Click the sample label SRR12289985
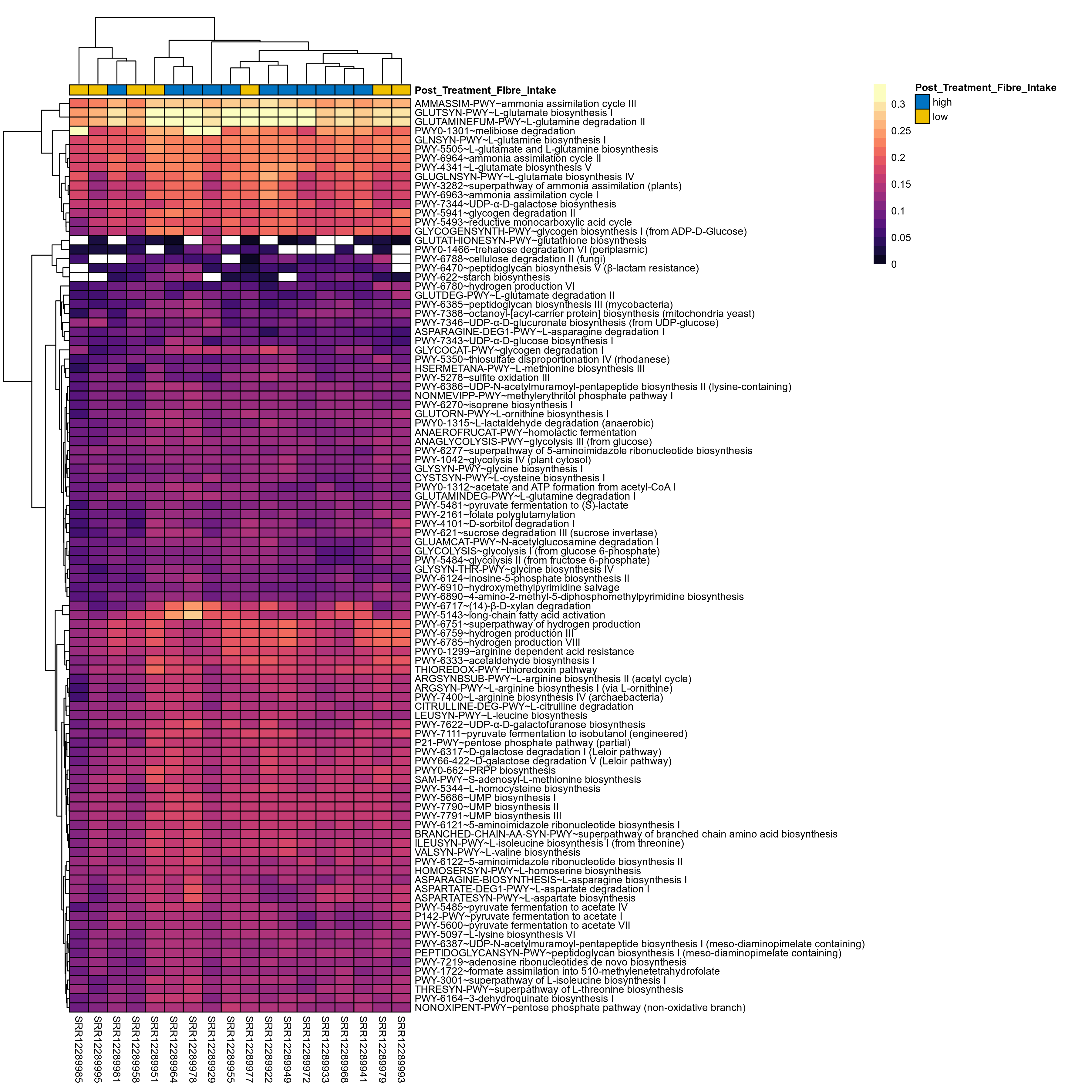coord(79,1049)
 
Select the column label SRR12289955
coord(231,1049)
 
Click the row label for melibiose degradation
coord(494,131)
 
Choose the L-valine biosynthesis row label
coord(497,852)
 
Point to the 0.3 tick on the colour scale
coord(898,105)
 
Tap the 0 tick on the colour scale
coord(894,264)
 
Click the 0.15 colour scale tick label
coord(901,184)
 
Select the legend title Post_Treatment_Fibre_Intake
coord(985,88)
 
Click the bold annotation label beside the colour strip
coord(485,90)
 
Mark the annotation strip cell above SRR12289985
coord(79,90)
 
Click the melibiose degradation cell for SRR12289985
coord(79,131)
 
